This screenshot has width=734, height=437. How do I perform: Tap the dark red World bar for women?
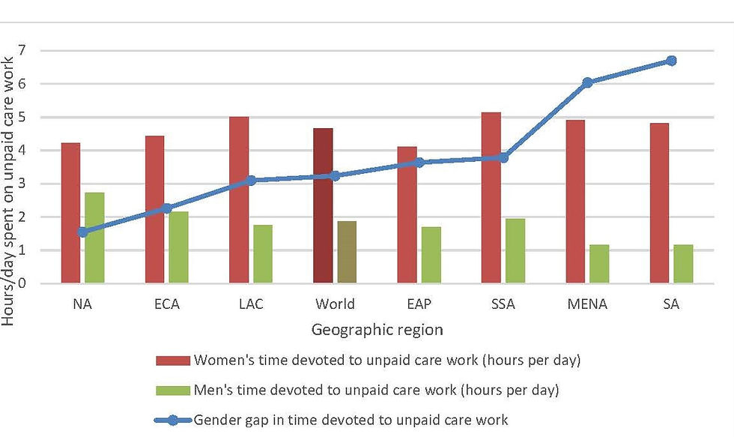coord(323,205)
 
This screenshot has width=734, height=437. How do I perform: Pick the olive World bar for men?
coord(347,252)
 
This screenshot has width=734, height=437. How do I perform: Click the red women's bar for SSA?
coord(491,198)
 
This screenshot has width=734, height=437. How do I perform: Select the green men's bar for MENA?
coord(599,264)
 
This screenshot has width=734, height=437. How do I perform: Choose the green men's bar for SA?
coord(683,264)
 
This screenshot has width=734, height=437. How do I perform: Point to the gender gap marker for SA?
coord(671,61)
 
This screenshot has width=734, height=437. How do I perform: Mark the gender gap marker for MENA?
coord(588,82)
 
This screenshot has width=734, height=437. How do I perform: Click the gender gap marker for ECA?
coord(167,208)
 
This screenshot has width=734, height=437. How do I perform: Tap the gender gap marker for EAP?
coord(420,162)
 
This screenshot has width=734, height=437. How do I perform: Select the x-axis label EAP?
coord(419,304)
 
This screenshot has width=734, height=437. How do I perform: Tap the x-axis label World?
coord(335,304)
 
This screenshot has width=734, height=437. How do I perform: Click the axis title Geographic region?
coord(377,329)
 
